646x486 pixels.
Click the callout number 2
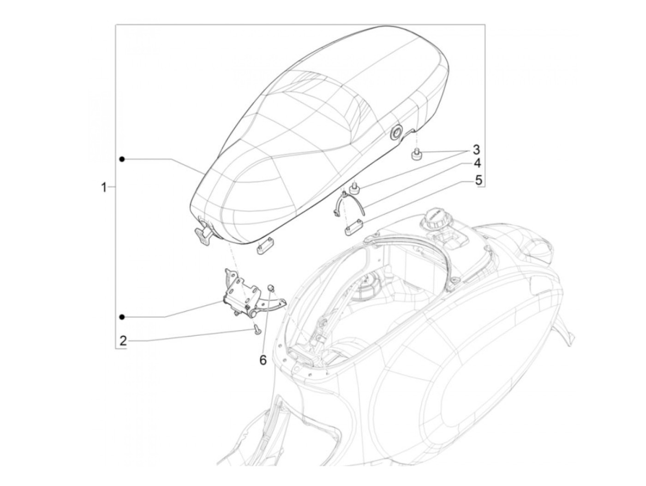coord(123,341)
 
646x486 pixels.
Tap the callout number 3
coord(476,150)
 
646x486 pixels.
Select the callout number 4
coord(476,164)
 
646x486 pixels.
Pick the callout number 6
coord(263,360)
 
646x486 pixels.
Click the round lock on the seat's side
coord(396,134)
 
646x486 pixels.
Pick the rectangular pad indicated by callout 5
coord(353,228)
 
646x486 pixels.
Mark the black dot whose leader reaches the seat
coord(122,159)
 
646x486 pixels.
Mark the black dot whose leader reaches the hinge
coord(122,317)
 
